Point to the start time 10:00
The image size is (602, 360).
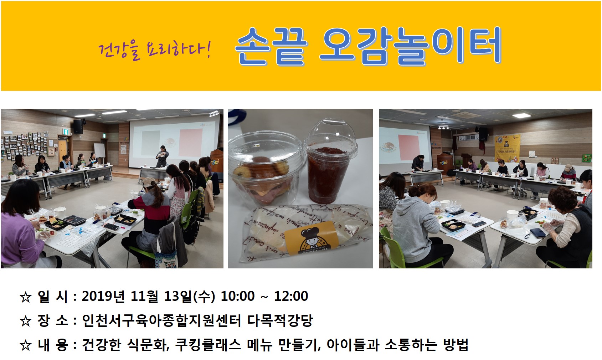(238, 296)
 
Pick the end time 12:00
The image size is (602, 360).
(291, 296)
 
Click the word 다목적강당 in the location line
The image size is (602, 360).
(280, 320)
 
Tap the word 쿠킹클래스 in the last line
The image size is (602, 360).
(208, 345)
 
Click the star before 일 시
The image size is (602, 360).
(26, 297)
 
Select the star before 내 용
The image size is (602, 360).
(26, 345)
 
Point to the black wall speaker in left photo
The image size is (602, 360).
(78, 127)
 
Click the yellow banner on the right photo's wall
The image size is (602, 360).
(508, 148)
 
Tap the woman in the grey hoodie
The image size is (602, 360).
(419, 226)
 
